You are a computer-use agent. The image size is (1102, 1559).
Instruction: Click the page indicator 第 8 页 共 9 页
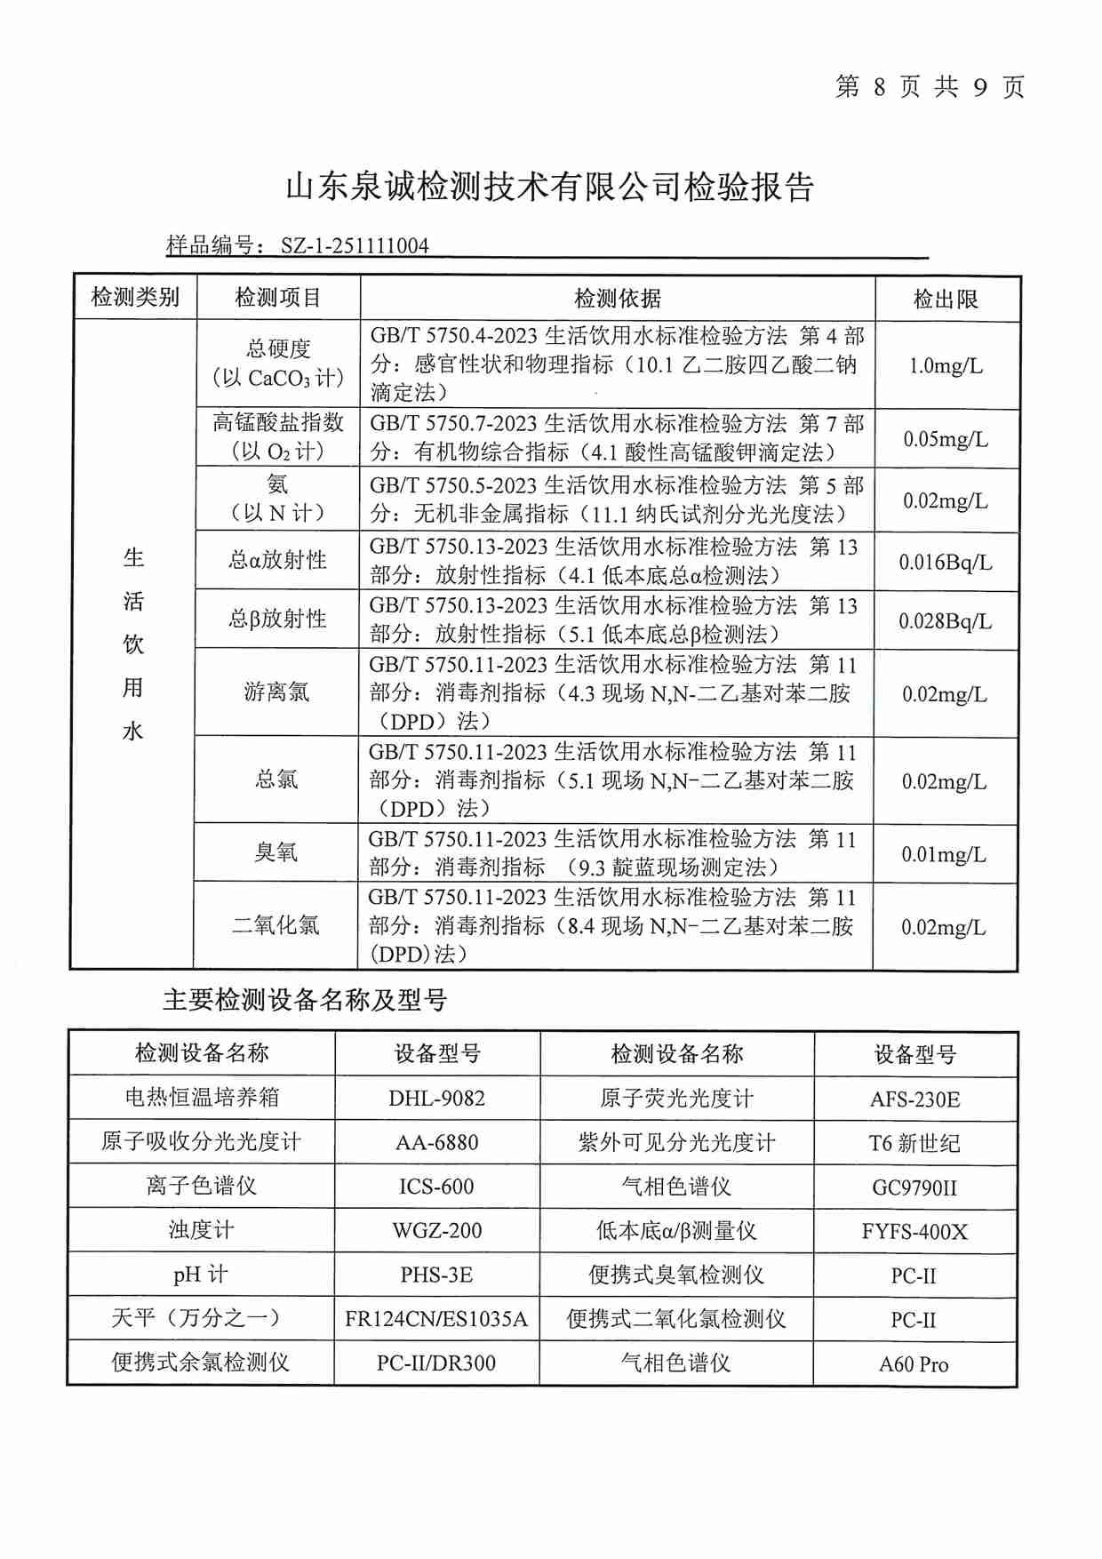(930, 86)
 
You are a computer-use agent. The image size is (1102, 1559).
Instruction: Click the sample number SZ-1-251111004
(355, 246)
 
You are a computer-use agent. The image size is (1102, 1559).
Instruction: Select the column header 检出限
(946, 299)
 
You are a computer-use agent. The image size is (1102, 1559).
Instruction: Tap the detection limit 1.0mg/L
(946, 365)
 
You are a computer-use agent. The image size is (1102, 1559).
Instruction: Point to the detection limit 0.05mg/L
(946, 439)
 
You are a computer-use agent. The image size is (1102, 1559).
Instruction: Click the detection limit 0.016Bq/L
(946, 562)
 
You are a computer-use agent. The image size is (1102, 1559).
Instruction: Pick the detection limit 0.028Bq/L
(946, 621)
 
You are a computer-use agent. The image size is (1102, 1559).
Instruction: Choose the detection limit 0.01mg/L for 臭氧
(944, 854)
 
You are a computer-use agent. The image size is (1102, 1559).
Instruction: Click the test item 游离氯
(277, 692)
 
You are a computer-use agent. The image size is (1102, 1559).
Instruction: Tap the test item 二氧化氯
(275, 925)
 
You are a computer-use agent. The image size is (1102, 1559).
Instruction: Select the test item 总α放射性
(277, 560)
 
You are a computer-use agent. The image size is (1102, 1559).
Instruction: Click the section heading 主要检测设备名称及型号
(305, 1000)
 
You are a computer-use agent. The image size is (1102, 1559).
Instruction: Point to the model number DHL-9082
(437, 1098)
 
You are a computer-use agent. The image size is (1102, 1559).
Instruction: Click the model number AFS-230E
(914, 1099)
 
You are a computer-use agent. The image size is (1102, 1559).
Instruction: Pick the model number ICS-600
(436, 1187)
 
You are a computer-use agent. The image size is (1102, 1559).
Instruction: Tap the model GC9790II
(914, 1187)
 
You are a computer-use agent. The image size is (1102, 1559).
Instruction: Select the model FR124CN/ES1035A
(436, 1319)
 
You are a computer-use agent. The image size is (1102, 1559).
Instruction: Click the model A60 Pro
(914, 1364)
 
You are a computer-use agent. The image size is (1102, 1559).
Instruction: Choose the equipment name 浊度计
(201, 1230)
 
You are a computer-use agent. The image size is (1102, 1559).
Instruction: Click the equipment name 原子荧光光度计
(676, 1099)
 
